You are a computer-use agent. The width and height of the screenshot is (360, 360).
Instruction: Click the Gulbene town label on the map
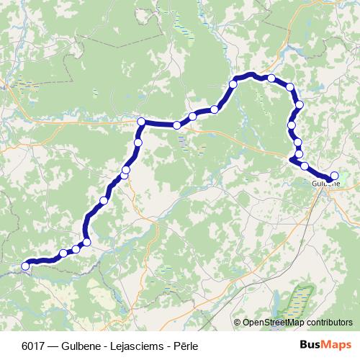coord(326,184)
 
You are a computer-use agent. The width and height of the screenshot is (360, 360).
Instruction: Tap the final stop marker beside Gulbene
coord(334,175)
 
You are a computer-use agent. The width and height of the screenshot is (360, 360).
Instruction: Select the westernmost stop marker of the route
coord(26,266)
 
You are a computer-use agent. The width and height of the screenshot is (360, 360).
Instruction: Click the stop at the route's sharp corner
coord(142,122)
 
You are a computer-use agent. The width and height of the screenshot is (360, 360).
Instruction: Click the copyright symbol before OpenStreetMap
coord(237,323)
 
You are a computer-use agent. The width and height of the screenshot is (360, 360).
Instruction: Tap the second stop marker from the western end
coord(63,253)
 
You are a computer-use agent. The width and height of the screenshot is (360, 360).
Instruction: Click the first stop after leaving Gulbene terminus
coord(305,166)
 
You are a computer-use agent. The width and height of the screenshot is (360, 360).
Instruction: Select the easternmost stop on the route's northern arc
coord(300,105)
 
